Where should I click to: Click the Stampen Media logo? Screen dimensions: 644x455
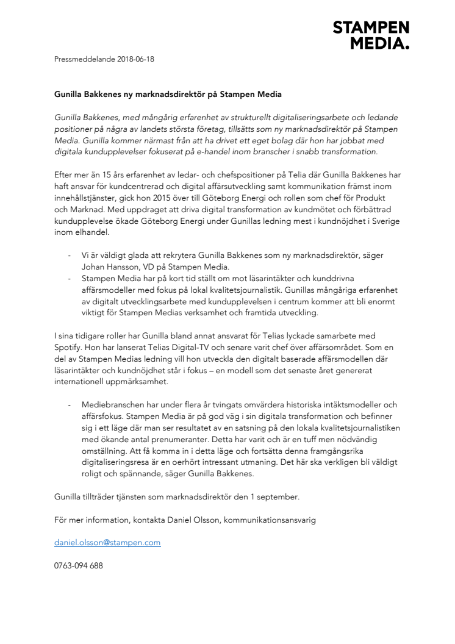pyautogui.click(x=370, y=35)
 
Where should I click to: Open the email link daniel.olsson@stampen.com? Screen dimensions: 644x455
pyautogui.click(x=107, y=542)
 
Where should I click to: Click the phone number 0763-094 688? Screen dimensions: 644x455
pyautogui.click(x=79, y=565)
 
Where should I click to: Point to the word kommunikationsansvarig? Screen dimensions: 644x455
pyautogui.click(x=266, y=520)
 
